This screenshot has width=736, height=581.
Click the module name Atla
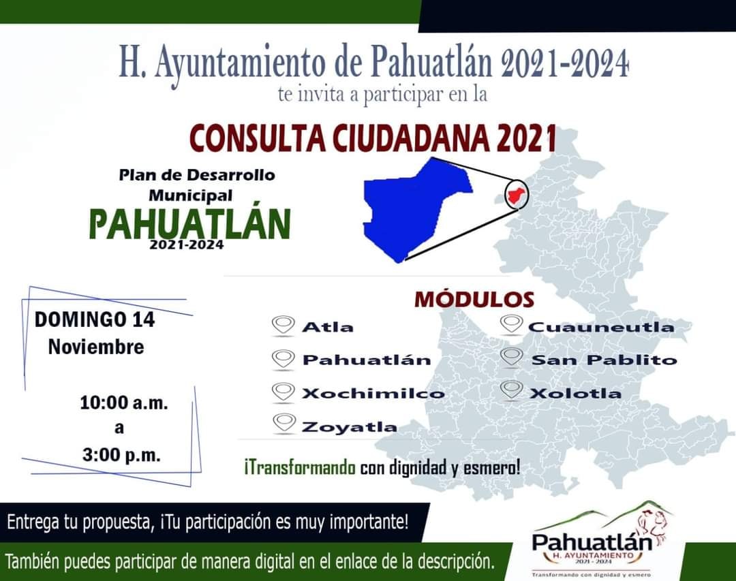click(328, 327)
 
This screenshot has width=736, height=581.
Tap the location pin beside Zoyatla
click(283, 424)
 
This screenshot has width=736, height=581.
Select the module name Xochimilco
click(373, 393)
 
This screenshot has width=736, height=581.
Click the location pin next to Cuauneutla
click(511, 325)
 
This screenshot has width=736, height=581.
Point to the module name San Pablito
click(604, 360)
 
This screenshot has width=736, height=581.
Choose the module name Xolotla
click(575, 393)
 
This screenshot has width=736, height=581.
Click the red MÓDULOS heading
click(474, 300)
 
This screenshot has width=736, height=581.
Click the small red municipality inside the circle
click(515, 194)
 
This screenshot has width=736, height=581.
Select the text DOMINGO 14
click(94, 319)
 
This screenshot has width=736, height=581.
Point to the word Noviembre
click(96, 347)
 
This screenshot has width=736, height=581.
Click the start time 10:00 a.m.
click(123, 403)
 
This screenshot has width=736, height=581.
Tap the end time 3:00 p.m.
click(121, 455)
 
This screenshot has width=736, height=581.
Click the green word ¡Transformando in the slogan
click(299, 469)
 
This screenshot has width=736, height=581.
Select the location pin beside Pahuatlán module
click(283, 358)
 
